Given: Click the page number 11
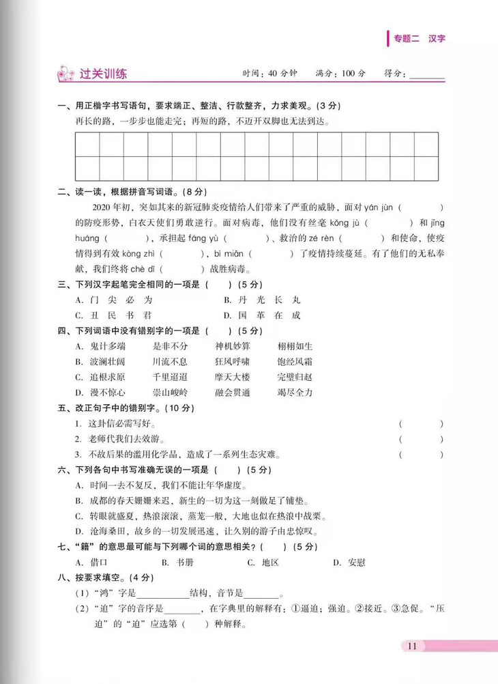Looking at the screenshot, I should (x=411, y=646).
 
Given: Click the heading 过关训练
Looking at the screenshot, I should (x=104, y=74).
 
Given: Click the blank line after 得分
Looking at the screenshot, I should (x=427, y=74).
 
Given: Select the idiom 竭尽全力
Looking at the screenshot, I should (x=295, y=393).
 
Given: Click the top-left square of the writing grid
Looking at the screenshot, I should (x=88, y=145).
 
